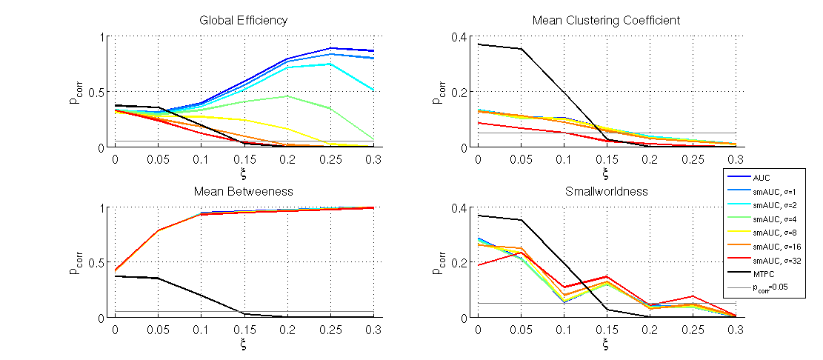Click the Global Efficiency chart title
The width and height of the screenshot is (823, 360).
click(243, 21)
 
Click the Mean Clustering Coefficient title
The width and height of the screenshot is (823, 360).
click(606, 21)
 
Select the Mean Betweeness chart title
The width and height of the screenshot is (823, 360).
click(243, 191)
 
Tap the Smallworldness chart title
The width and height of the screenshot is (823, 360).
click(606, 191)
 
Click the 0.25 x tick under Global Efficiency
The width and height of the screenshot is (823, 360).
click(330, 159)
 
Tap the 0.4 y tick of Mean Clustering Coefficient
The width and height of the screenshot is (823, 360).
click(461, 36)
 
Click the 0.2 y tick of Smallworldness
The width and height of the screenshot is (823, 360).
click(461, 262)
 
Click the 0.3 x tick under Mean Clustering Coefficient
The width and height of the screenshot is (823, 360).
click(735, 159)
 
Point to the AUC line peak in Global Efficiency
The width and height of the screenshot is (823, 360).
click(330, 48)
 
